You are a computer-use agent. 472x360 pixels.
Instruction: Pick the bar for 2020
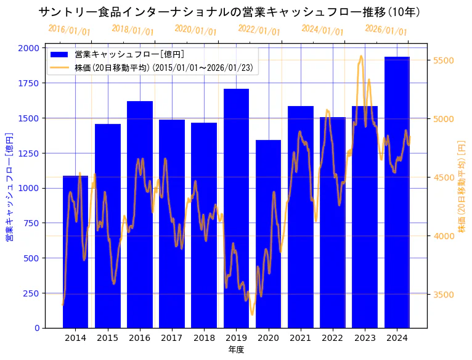268,234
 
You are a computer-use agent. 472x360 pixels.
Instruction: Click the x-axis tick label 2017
172,338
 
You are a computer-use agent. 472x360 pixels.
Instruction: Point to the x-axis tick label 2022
333,338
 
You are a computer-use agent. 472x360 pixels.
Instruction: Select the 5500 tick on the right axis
444,60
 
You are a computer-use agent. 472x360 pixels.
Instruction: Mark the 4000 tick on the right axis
444,236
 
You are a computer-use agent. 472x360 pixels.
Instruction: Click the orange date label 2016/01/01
69,30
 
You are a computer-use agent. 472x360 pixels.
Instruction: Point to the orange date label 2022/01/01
259,30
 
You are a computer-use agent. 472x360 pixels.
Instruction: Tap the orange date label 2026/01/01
386,30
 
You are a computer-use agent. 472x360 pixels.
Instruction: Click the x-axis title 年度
236,350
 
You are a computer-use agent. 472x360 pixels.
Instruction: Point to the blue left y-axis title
9,187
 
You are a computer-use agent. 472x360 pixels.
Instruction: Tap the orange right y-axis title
462,187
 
